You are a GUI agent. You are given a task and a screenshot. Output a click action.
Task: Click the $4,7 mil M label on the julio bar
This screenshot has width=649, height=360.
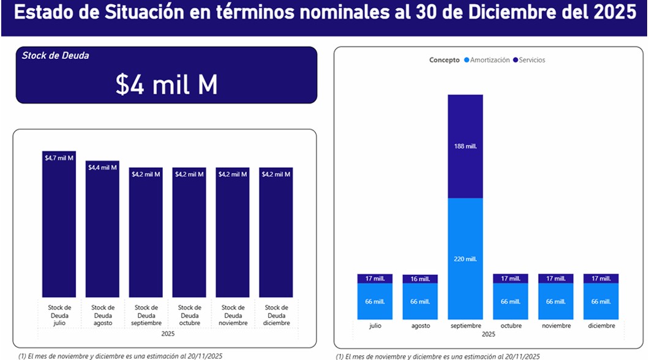(x=59, y=158)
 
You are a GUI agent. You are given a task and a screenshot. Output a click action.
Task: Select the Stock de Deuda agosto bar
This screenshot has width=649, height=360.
(x=102, y=233)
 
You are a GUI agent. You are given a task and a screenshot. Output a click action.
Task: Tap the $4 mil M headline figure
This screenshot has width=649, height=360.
(x=167, y=85)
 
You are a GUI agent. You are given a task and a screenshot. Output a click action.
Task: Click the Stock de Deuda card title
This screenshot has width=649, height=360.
(x=55, y=56)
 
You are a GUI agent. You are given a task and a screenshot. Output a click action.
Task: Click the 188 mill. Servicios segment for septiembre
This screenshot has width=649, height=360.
(x=465, y=146)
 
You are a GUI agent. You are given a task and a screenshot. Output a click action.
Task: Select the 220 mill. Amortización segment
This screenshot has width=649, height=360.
(x=465, y=259)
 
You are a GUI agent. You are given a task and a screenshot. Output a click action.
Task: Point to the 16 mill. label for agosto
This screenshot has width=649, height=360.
(x=420, y=279)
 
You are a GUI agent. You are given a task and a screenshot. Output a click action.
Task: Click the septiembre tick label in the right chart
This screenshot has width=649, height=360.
(x=465, y=326)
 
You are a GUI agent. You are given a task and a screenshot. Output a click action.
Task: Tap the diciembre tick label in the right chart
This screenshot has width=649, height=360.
(x=601, y=326)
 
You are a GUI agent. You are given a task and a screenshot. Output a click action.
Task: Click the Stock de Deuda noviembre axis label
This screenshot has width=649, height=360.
(x=233, y=315)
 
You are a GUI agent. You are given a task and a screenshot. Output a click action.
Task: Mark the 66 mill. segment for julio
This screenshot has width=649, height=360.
(x=375, y=301)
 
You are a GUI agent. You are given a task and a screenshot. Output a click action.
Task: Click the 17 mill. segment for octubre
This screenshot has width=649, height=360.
(x=511, y=279)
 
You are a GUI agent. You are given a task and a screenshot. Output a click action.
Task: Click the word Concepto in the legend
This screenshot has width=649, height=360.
(x=444, y=60)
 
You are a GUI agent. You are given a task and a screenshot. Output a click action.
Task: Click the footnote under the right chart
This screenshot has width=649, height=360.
(x=438, y=356)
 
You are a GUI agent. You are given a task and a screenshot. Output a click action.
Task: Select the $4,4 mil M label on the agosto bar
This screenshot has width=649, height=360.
(x=102, y=167)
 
